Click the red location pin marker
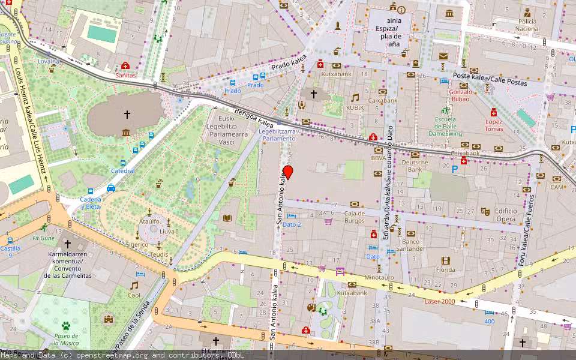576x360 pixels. coord(288,172)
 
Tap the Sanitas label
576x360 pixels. coord(125,76)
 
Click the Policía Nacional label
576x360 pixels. coord(527,25)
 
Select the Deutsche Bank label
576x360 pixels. coord(415,166)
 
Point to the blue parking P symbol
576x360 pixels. coord(454,170)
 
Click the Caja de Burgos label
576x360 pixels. coord(355,217)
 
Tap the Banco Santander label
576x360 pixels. coord(410,245)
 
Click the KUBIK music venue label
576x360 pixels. coord(355,107)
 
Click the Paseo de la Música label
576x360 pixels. coord(66,340)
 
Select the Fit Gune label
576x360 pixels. coord(43,238)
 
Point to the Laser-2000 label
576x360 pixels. coord(439,301)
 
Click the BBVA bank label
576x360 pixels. coord(378,158)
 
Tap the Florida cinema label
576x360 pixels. coord(445,270)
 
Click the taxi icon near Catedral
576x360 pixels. coord(111,188)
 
